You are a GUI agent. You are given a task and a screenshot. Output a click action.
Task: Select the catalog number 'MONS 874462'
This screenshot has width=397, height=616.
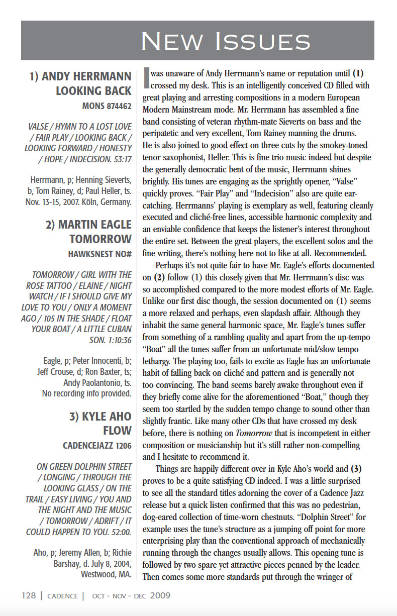pos(107,106)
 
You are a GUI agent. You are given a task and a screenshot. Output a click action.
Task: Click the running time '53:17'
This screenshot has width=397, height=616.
pos(121,159)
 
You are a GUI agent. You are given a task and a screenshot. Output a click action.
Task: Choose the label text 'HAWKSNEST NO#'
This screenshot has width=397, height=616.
pos(100,254)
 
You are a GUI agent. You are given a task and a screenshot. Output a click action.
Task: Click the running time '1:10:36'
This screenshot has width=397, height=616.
pos(117,340)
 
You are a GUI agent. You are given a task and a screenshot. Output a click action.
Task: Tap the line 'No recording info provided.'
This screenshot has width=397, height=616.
pos(86,393)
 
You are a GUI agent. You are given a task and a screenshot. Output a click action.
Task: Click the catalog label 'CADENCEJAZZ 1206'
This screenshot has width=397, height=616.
pos(97,446)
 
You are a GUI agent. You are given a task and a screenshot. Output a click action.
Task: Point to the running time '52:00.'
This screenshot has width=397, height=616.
pos(119,532)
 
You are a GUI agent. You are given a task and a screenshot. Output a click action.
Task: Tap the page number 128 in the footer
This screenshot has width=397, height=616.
pos(29,596)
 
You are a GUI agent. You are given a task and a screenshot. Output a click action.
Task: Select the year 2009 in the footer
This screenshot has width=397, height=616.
pos(160,596)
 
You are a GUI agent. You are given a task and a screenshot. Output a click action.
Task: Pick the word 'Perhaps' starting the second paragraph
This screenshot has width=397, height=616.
pos(170,265)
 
